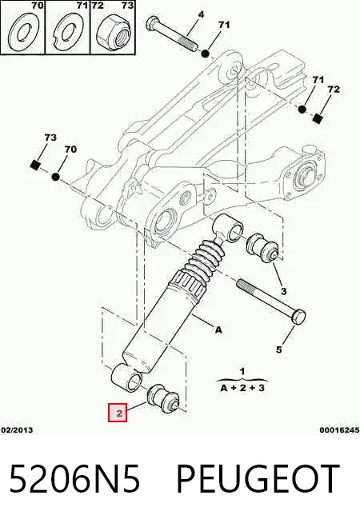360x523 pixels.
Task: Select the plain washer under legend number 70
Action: pos(22,32)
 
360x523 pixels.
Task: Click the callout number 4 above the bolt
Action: pos(201,14)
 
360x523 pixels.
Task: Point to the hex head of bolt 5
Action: pos(298,316)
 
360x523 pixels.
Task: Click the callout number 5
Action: pos(278,349)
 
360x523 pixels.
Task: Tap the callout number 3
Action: pos(283,291)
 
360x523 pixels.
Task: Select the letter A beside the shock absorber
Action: pos(218,330)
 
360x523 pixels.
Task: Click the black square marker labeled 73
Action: pos(34,165)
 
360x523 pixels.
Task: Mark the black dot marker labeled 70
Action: pos(56,177)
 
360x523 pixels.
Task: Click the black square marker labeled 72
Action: pos(318,118)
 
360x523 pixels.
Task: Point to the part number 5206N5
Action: pos(74,478)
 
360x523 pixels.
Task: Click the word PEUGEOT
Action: pos(258,478)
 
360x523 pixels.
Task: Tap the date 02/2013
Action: pos(17,430)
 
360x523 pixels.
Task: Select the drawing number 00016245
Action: pos(339,430)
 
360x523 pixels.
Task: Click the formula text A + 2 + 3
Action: pos(242,388)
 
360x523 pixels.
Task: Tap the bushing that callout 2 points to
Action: pos(163,399)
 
